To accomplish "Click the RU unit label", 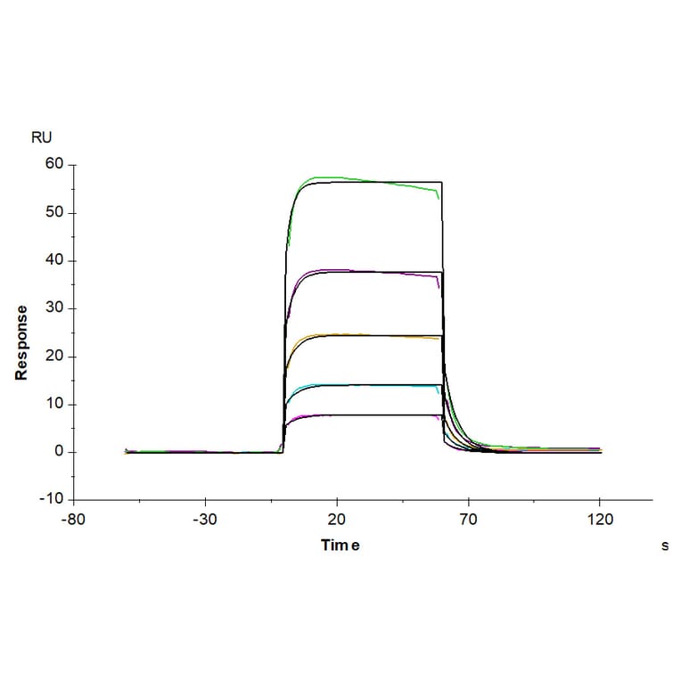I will click(x=41, y=137).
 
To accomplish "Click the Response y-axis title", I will click(x=21, y=343).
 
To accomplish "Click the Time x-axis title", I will click(x=340, y=546).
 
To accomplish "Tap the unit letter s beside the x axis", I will click(x=664, y=546).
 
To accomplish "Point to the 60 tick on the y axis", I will click(x=55, y=164).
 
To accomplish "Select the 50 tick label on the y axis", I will click(x=55, y=212).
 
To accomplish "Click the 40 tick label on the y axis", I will click(x=55, y=260).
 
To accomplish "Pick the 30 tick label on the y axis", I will click(x=55, y=308).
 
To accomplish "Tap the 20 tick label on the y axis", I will click(x=55, y=357).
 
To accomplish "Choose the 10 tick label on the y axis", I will click(x=55, y=405).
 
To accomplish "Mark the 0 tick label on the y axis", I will click(x=59, y=452).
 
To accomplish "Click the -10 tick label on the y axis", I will click(x=52, y=500).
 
